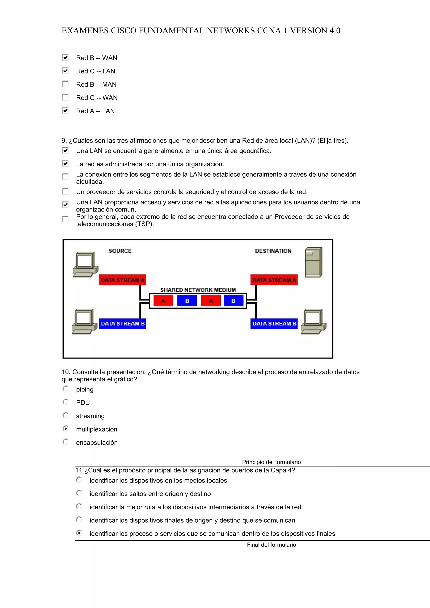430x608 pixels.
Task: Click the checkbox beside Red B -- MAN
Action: pyautogui.click(x=65, y=84)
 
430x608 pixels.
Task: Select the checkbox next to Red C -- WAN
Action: pyautogui.click(x=65, y=97)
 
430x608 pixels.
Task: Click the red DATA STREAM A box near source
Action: pyautogui.click(x=122, y=280)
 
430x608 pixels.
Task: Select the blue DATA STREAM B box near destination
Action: pyautogui.click(x=274, y=324)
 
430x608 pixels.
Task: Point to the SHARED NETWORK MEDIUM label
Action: pyautogui.click(x=198, y=290)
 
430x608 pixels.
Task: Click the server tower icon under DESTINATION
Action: pyautogui.click(x=313, y=262)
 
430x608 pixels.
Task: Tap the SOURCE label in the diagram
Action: pyautogui.click(x=120, y=251)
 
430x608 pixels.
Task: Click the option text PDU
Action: pyautogui.click(x=83, y=403)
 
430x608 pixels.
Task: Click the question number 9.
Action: pyautogui.click(x=64, y=141)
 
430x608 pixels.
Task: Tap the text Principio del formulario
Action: pyautogui.click(x=271, y=462)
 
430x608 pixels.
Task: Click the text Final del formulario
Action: pyautogui.click(x=271, y=545)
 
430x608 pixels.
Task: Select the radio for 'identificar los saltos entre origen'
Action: pyautogui.click(x=79, y=493)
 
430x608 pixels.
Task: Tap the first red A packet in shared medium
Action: pyautogui.click(x=163, y=301)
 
